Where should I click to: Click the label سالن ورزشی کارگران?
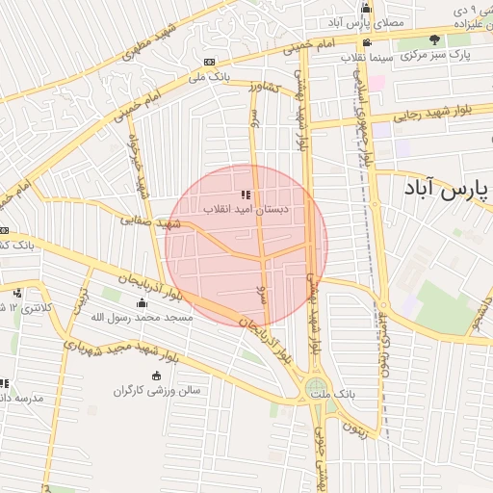pyautogui.click(x=155, y=391)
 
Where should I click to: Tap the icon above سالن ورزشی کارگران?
pyautogui.click(x=156, y=376)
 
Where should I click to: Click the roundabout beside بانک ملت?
pyautogui.click(x=315, y=390)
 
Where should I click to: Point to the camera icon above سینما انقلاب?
pyautogui.click(x=367, y=43)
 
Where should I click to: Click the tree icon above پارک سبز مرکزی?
pyautogui.click(x=435, y=40)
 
